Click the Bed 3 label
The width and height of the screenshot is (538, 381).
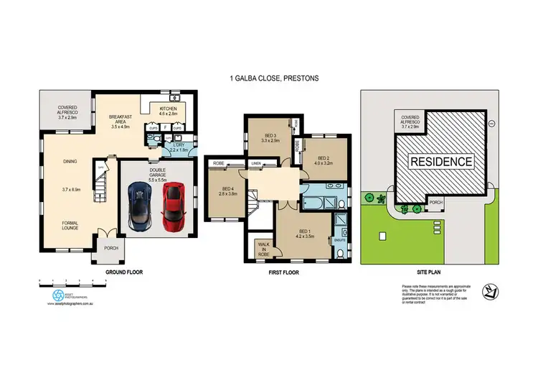pos(270,138)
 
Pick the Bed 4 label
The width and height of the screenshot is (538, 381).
pos(227,190)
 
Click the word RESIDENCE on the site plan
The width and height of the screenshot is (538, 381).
pos(440,162)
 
